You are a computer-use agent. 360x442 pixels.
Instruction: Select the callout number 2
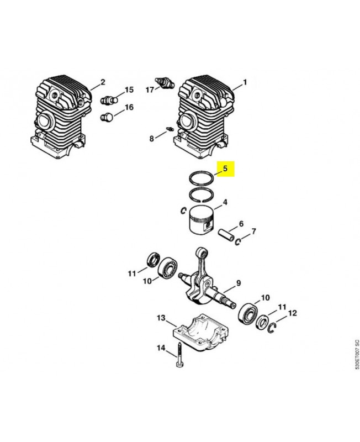pyautogui.click(x=102, y=82)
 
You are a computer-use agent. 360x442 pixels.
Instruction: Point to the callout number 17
pyautogui.click(x=150, y=89)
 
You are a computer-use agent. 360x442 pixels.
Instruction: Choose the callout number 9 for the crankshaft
pyautogui.click(x=239, y=283)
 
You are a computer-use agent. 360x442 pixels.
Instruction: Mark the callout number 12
pyautogui.click(x=293, y=313)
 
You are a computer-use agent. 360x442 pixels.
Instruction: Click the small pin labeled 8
pyautogui.click(x=170, y=131)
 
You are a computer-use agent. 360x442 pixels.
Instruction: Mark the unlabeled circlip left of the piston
pyautogui.click(x=182, y=209)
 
